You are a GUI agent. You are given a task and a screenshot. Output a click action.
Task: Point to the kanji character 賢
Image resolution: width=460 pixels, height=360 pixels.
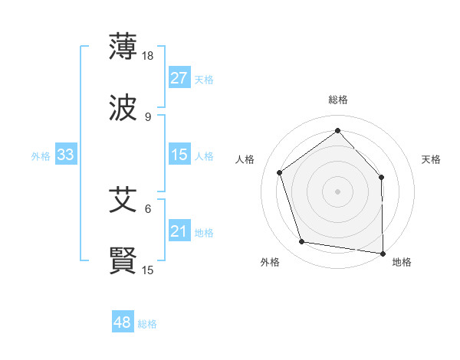click(123, 261)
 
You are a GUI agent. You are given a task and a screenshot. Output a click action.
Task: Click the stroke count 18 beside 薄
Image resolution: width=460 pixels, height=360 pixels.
click(149, 55)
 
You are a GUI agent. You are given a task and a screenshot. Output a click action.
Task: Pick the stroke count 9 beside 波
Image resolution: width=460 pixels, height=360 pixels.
click(148, 116)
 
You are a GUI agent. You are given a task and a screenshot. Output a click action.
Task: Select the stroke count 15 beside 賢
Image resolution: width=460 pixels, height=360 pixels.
click(149, 270)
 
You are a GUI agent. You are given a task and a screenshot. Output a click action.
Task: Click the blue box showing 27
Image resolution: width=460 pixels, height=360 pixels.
click(179, 78)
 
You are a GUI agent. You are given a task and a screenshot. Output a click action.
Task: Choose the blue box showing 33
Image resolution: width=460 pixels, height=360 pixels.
click(66, 155)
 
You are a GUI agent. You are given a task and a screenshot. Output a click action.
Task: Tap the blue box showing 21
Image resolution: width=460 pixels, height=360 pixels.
click(179, 232)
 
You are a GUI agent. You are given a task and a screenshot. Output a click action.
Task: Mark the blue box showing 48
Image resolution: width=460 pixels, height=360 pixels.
click(123, 323)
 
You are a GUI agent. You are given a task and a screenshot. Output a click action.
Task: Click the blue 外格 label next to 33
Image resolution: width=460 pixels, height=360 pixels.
click(41, 156)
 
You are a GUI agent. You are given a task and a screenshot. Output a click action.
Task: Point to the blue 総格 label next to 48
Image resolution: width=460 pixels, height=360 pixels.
click(147, 324)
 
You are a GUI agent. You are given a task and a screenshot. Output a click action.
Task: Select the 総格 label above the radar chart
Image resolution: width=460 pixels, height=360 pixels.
click(338, 100)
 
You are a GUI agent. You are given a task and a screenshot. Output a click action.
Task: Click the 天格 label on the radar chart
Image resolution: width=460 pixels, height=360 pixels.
click(432, 159)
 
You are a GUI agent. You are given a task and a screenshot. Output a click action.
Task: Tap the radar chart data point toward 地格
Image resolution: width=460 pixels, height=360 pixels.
click(383, 253)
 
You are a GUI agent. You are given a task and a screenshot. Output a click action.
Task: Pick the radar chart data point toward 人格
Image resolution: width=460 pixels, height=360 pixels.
click(280, 172)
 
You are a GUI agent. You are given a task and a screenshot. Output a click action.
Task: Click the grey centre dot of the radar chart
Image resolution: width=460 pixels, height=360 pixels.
click(338, 191)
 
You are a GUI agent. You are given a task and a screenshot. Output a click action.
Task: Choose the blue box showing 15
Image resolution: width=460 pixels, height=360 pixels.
click(179, 155)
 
